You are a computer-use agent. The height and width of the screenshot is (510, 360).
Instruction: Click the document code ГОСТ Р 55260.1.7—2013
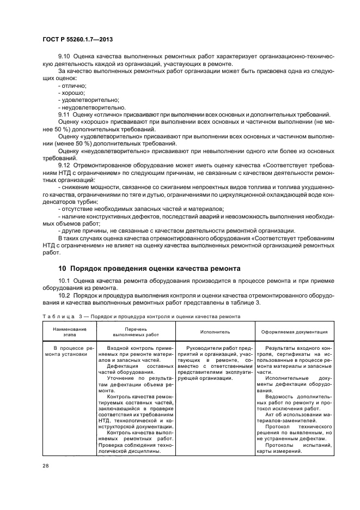click(77, 39)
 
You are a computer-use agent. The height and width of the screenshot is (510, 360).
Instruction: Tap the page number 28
click(45, 466)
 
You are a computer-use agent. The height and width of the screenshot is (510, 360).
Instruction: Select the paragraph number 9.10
click(64, 57)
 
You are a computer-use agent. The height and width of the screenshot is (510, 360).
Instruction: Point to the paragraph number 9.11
click(64, 114)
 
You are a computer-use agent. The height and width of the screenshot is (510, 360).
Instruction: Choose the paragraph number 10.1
click(64, 281)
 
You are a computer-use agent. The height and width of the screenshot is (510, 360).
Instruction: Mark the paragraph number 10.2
click(64, 295)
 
